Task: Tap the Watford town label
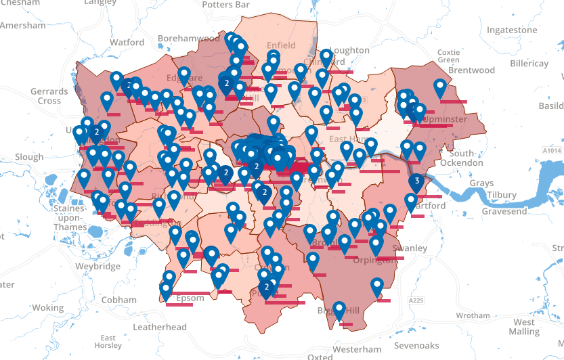coord(127,42)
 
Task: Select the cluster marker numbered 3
coord(417,182)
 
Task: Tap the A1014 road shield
coord(552,150)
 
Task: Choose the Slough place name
coord(29,156)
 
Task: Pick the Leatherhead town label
coord(160,327)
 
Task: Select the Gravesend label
coord(504,211)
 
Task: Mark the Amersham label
coord(23,25)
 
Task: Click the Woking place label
coord(47,307)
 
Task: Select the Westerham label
coord(357,349)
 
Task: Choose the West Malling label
coord(523,327)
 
